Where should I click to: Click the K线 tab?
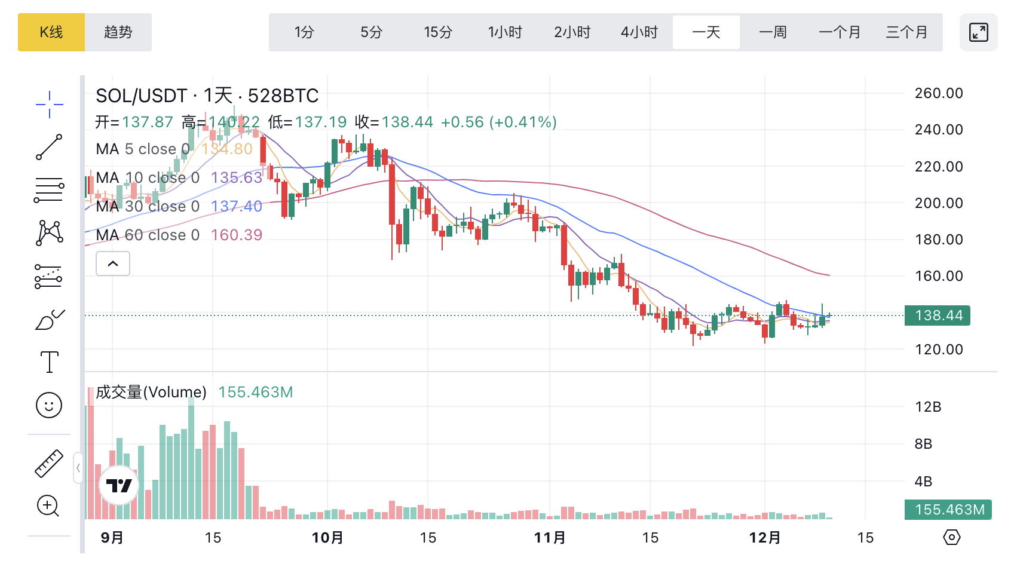51,32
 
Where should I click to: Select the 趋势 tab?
118,32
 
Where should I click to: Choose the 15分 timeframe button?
438,32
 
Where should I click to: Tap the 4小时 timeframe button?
639,32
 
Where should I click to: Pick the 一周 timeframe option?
773,32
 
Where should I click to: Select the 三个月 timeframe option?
906,32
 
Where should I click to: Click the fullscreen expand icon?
978,32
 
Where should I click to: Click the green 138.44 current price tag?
938,315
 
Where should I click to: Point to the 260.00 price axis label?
939,93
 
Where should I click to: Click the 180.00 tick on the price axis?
939,240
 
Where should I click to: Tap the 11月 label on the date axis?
550,538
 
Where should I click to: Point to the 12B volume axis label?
928,407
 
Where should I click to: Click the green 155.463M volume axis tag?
949,510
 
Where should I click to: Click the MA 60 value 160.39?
237,235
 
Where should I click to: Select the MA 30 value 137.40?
237,206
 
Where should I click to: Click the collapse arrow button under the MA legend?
113,264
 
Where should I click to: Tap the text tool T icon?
49,362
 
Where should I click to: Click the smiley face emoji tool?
49,405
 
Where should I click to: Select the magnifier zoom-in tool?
48,506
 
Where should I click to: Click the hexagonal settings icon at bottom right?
951,537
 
